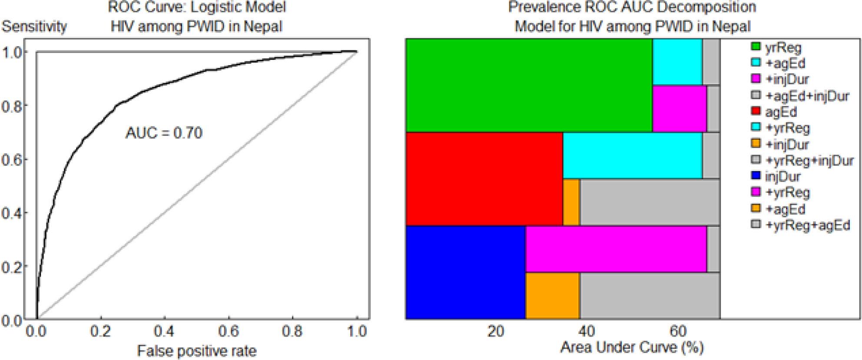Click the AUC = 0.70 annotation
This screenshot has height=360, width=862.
164,132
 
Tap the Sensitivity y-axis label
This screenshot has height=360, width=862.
34,26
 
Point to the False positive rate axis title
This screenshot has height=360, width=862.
197,350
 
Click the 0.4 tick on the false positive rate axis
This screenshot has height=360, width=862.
165,331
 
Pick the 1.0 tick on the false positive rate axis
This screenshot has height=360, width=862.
357,331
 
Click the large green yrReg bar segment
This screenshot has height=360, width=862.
529,85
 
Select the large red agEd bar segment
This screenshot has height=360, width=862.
484,179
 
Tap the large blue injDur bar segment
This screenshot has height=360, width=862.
465,272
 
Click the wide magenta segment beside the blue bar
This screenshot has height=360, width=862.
616,249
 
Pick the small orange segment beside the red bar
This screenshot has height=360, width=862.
571,202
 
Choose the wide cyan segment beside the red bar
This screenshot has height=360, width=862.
632,155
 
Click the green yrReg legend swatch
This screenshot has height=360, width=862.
756,47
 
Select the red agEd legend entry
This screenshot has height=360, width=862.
781,112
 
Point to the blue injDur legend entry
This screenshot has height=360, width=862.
782,177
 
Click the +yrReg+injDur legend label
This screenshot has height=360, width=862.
809,161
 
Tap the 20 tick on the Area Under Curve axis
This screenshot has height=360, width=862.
496,331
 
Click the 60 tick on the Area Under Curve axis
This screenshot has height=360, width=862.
678,331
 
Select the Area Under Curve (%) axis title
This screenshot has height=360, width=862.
632,347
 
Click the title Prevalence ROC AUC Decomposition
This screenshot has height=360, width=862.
632,7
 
